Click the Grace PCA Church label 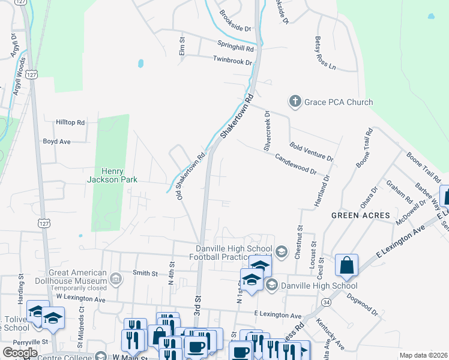pyautogui.click(x=339, y=102)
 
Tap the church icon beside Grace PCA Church pyautogui.click(x=295, y=101)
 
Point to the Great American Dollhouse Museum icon pyautogui.click(x=116, y=278)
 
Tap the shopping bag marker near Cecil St pyautogui.click(x=347, y=266)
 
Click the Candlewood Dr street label pyautogui.click(x=295, y=163)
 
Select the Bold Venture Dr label pyautogui.click(x=311, y=152)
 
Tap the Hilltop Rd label pyautogui.click(x=71, y=122)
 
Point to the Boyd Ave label pyautogui.click(x=57, y=142)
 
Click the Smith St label pyautogui.click(x=145, y=273)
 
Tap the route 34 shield pyautogui.click(x=325, y=303)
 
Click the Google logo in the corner pyautogui.click(x=20, y=353)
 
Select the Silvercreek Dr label pyautogui.click(x=268, y=130)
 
